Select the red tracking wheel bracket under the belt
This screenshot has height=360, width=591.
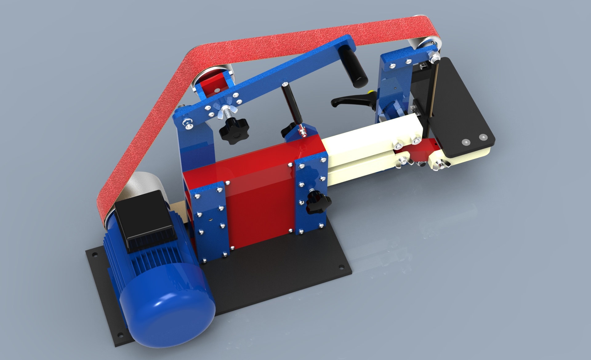212,83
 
